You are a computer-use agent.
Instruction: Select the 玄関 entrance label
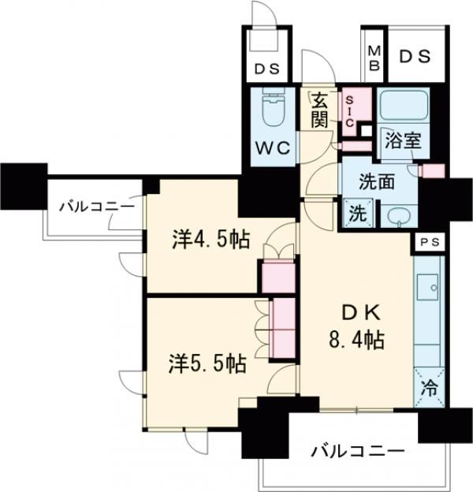point(318,110)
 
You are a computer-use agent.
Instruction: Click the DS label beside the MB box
point(414,56)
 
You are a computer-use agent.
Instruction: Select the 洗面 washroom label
point(377,181)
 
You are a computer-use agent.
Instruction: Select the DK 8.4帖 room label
point(356,328)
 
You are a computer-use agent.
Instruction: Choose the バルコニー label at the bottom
point(357,452)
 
